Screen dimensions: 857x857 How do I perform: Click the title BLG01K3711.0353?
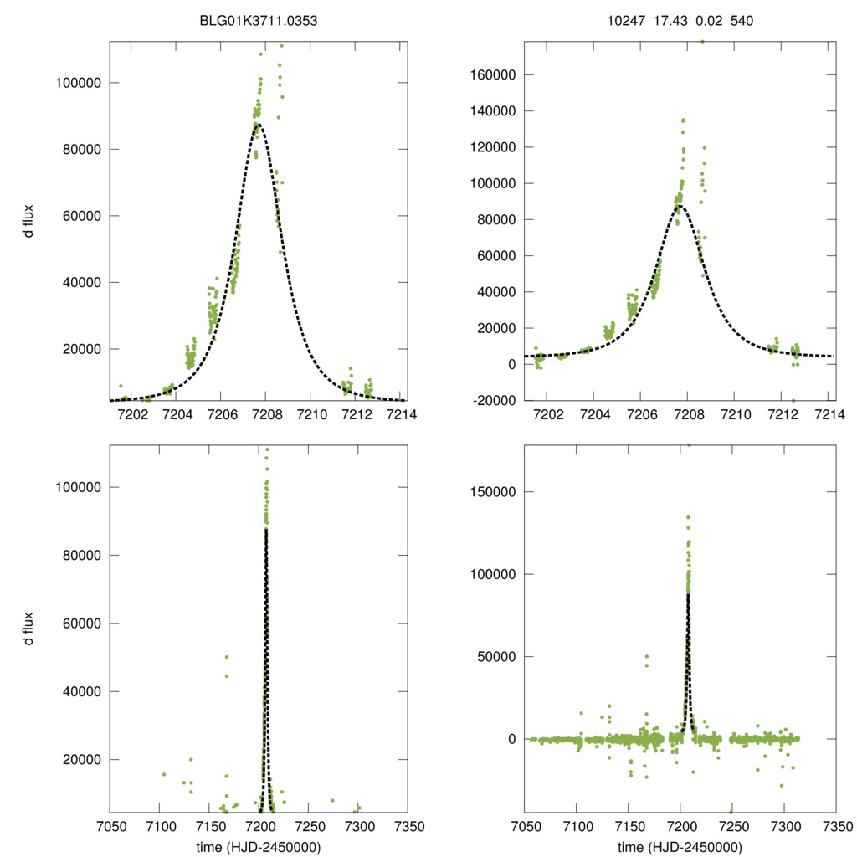click(264, 21)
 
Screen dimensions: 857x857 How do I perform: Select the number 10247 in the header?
click(625, 21)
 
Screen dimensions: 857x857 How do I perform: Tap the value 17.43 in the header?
click(670, 21)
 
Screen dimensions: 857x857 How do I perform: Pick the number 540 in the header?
click(742, 21)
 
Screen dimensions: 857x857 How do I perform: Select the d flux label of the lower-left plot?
click(28, 629)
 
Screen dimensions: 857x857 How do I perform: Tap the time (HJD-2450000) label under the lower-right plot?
click(680, 847)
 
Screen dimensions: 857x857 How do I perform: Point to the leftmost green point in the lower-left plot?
click(164, 774)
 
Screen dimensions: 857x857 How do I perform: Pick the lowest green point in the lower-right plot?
click(731, 812)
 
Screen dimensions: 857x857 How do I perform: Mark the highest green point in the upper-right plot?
click(701, 41)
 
